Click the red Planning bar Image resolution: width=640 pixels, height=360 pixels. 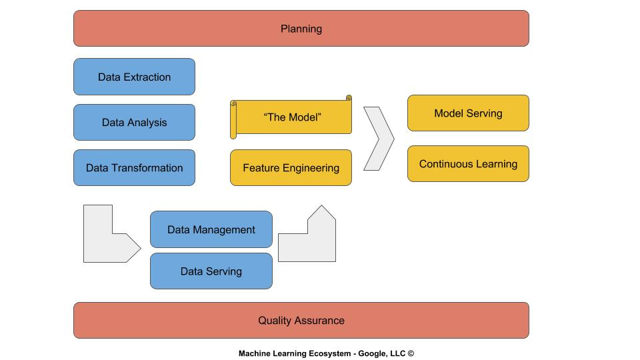(301, 29)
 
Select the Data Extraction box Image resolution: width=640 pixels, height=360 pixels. (134, 77)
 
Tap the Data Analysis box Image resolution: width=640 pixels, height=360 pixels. (134, 122)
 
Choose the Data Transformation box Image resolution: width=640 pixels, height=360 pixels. (134, 167)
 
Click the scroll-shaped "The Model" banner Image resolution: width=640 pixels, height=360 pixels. (292, 117)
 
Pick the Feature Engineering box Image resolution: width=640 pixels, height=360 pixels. (291, 167)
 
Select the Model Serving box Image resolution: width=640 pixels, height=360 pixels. (468, 113)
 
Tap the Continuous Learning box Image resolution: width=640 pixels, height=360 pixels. (468, 163)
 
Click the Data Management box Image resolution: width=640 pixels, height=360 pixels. (211, 229)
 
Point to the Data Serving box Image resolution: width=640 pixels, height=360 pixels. (211, 271)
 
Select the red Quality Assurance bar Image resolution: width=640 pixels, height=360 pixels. (301, 320)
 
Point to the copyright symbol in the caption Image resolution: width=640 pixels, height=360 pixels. (411, 354)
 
